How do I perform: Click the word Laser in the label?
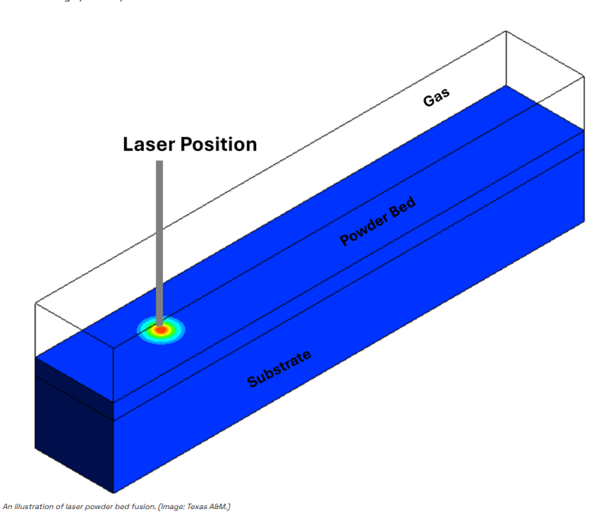pyautogui.click(x=147, y=145)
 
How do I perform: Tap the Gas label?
pyautogui.click(x=436, y=98)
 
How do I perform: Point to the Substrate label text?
pyautogui.click(x=279, y=369)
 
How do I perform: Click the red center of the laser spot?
pyautogui.click(x=161, y=330)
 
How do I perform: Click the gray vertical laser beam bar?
pyautogui.click(x=159, y=240)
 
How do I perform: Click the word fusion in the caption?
pyautogui.click(x=147, y=507)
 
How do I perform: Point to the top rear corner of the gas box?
pyautogui.click(x=506, y=32)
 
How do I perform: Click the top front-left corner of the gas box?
pyautogui.click(x=36, y=304)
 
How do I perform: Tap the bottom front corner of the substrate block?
pyautogui.click(x=113, y=492)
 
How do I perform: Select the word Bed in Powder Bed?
pyautogui.click(x=402, y=208)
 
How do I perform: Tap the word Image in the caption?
pyautogui.click(x=176, y=507)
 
